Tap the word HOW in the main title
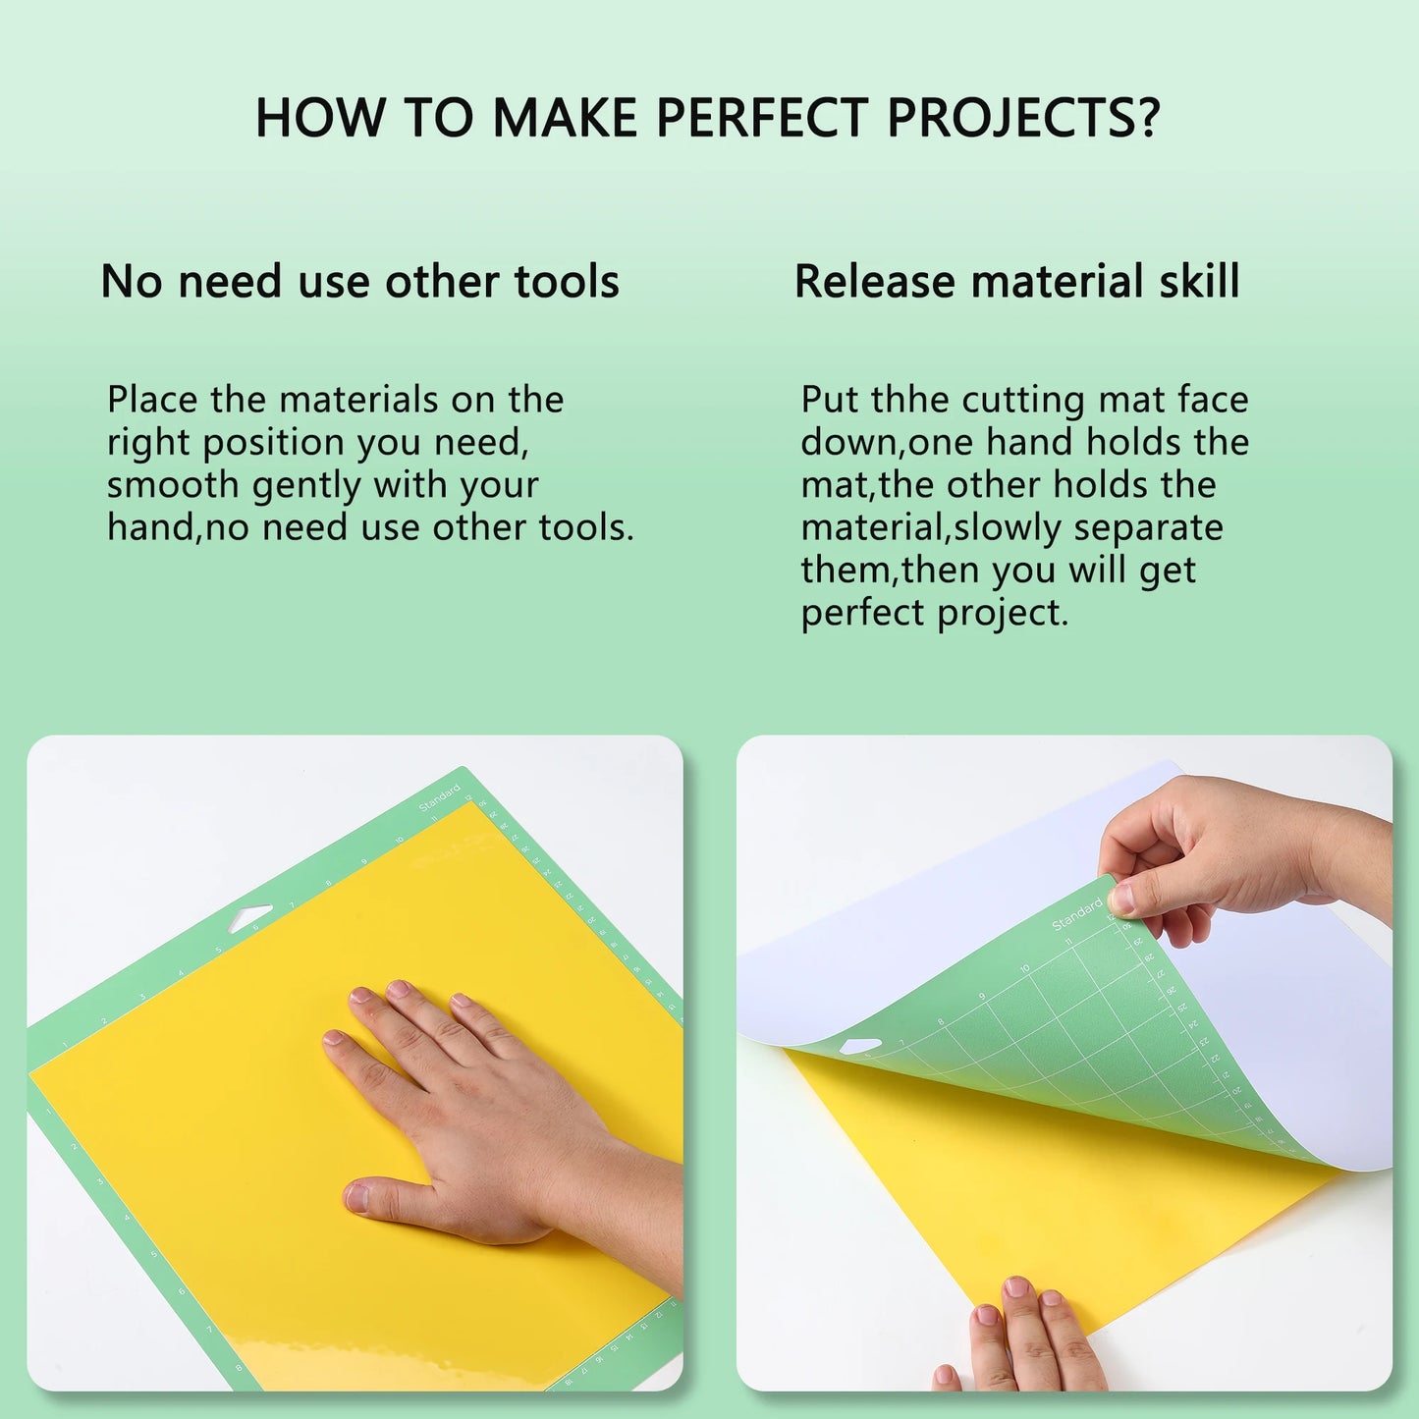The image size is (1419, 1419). point(320,118)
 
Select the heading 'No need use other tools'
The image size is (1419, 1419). point(359,282)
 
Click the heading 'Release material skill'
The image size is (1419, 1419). point(1016,282)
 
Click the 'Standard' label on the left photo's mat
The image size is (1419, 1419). point(439,797)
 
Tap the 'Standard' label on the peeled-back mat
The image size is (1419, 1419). point(1076,914)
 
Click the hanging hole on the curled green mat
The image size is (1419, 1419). point(860,1046)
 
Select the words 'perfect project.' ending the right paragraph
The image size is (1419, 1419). point(934,614)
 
